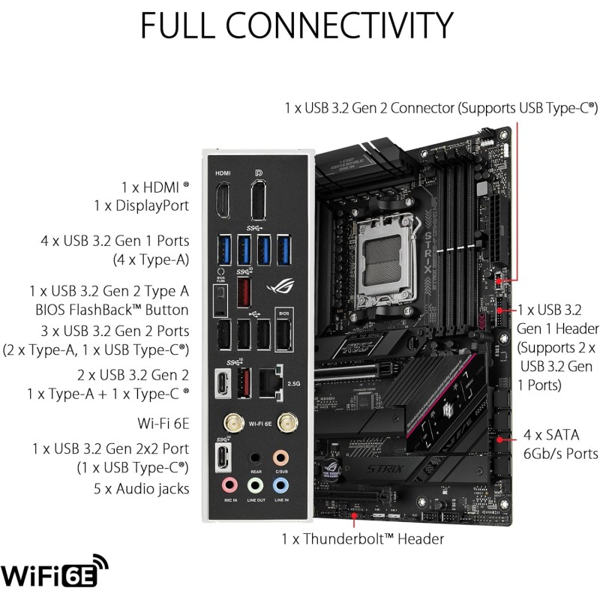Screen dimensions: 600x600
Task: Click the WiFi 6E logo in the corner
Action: point(56,574)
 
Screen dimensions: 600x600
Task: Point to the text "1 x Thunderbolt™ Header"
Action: point(362,538)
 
